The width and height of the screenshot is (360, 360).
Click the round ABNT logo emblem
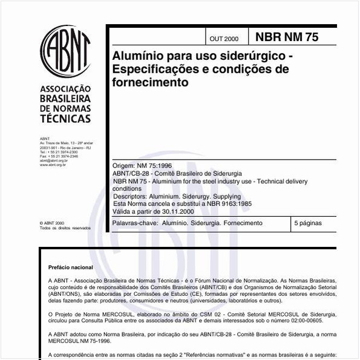pyautogui.click(x=65, y=51)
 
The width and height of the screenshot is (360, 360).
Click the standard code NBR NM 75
pyautogui.click(x=286, y=37)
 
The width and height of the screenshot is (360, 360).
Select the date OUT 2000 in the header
pyautogui.click(x=224, y=39)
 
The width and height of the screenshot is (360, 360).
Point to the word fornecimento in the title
pyautogui.click(x=150, y=82)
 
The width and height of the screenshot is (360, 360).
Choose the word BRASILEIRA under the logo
pyautogui.click(x=65, y=98)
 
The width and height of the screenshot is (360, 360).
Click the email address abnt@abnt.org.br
pyautogui.click(x=54, y=160)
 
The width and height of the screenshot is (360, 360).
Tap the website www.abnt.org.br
pyautogui.click(x=53, y=165)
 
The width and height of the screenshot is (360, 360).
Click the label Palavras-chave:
pyautogui.click(x=136, y=223)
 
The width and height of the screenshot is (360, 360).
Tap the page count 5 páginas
pyautogui.click(x=309, y=223)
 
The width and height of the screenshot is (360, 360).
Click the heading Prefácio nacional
pyautogui.click(x=71, y=267)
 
